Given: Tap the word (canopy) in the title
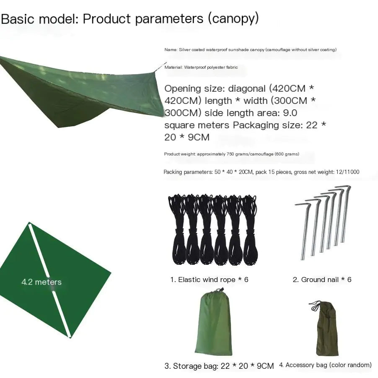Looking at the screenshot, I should click(233, 19).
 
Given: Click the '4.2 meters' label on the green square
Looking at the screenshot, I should click(41, 282).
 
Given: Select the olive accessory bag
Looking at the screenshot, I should click(327, 331).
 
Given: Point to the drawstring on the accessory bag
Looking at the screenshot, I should click(315, 306).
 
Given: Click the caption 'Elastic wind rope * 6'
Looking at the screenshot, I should click(209, 280).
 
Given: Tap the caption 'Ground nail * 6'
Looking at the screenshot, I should click(322, 280).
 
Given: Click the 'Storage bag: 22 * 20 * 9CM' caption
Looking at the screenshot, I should click(219, 366).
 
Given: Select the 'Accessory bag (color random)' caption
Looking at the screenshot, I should click(325, 365).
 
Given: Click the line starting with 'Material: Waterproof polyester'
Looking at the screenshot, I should click(201, 67).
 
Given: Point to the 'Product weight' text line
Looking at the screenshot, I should click(231, 154).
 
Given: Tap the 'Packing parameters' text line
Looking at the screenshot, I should click(261, 172).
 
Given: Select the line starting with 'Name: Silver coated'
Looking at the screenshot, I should click(250, 49).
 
